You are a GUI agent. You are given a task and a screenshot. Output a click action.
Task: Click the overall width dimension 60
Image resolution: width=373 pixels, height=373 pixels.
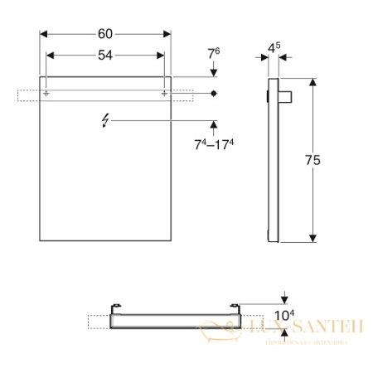point(105,34)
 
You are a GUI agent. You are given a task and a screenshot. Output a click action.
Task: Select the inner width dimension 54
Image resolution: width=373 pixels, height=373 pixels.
point(105,54)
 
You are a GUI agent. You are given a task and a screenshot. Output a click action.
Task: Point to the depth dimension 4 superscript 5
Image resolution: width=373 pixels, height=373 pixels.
point(273,48)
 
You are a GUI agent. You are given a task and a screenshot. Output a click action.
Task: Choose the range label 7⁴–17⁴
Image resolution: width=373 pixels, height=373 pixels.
point(214,146)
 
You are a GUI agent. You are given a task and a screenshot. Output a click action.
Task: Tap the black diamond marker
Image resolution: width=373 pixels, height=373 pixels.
point(214,94)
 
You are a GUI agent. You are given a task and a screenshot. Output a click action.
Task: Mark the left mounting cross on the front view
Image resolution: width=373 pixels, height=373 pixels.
point(46,94)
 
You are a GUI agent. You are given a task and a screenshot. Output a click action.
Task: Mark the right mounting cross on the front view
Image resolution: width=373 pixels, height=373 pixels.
point(164,94)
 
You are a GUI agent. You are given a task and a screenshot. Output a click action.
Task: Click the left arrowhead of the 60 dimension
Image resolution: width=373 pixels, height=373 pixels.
point(44,34)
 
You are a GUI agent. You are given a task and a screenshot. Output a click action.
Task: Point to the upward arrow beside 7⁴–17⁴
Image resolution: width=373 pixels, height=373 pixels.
point(214,126)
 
